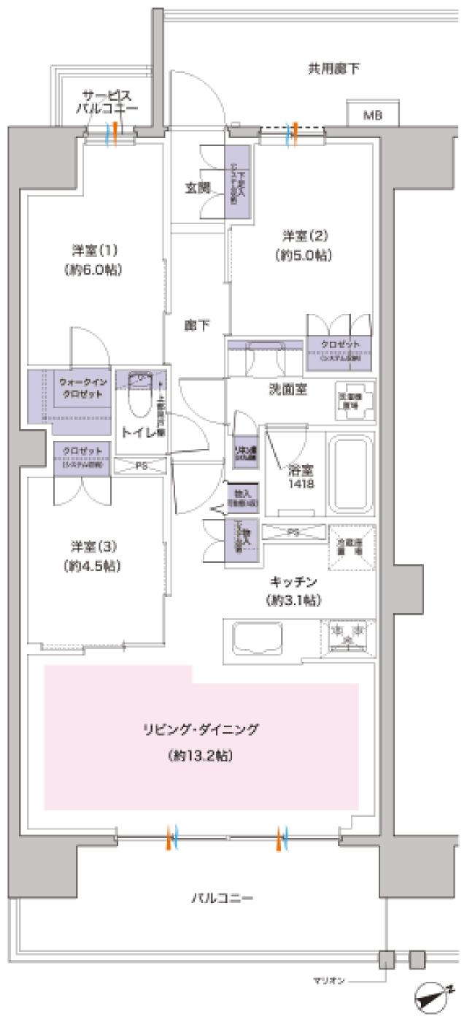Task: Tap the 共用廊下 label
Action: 333,70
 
